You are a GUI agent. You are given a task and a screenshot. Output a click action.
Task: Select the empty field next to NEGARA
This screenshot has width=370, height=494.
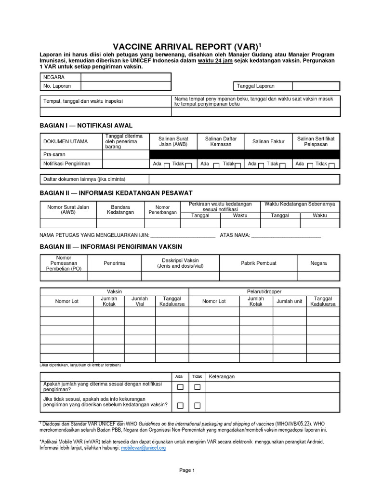point(125,77)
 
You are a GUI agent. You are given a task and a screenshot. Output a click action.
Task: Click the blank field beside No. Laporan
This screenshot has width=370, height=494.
point(125,86)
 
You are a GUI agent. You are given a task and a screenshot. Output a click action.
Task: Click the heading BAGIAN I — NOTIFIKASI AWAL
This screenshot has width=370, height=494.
point(86,125)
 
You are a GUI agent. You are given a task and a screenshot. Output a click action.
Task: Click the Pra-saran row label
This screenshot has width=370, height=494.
point(54,154)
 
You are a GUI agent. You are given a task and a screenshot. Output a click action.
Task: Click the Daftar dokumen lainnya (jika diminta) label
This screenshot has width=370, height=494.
point(84,179)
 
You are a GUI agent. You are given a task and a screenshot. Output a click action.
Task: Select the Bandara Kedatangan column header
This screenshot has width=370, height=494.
point(120,210)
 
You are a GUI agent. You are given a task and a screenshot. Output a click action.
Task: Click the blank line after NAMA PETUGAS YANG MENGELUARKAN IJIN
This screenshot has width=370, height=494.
point(183,235)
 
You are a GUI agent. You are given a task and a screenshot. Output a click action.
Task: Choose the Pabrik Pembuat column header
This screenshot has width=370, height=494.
point(258,263)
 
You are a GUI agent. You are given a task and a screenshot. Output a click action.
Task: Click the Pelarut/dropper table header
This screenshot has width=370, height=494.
point(264,292)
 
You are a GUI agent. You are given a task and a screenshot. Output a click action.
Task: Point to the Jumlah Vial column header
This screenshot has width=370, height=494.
point(140,301)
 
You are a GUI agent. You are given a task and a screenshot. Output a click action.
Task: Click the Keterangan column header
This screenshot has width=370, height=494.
point(222,376)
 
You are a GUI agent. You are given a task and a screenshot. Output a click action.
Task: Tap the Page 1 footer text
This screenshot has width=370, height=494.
point(186,470)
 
